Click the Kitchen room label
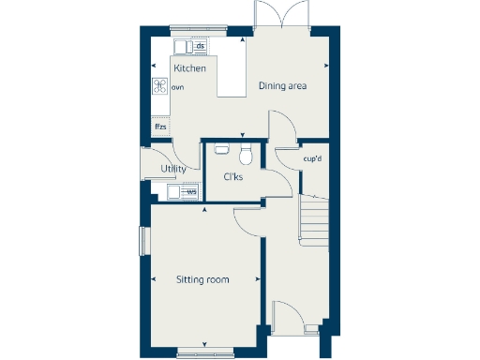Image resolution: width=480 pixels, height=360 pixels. pyautogui.click(x=189, y=68)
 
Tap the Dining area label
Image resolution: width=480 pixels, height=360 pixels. pyautogui.click(x=283, y=86)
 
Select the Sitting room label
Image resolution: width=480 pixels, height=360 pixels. pyautogui.click(x=202, y=279)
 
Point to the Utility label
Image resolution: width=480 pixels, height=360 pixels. pyautogui.click(x=172, y=169)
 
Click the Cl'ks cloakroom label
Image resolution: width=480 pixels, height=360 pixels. pyautogui.click(x=233, y=177)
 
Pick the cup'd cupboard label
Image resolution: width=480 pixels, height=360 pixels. pyautogui.click(x=313, y=157)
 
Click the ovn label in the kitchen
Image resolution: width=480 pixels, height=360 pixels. pyautogui.click(x=177, y=86)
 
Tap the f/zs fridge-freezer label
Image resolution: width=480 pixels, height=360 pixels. pyautogui.click(x=161, y=126)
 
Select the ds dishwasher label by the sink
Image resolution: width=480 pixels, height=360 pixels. pyautogui.click(x=200, y=46)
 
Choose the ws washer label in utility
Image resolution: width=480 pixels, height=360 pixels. pyautogui.click(x=191, y=192)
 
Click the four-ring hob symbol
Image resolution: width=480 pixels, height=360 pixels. pyautogui.click(x=160, y=85)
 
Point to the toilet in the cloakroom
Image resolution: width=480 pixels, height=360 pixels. pyautogui.click(x=246, y=153)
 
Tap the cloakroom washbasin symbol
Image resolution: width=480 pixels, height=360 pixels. pyautogui.click(x=222, y=147)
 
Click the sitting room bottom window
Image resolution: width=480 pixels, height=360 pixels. pyautogui.click(x=205, y=352)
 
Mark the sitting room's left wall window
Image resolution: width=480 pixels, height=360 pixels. pyautogui.click(x=143, y=240)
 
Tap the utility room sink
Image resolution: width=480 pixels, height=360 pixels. pyautogui.click(x=173, y=192)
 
